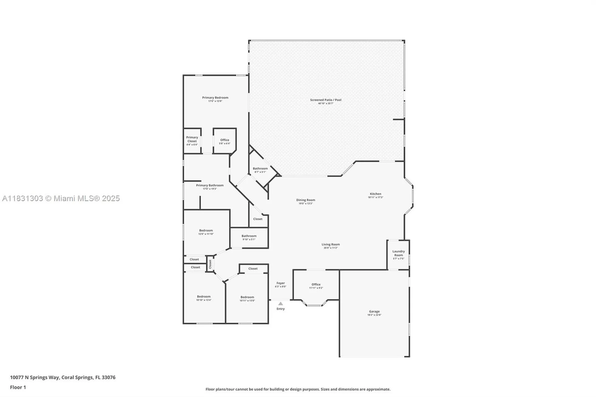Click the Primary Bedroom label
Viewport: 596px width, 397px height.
(x=215, y=98)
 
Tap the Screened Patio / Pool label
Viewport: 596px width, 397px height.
(x=326, y=100)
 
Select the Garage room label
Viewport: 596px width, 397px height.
(x=374, y=311)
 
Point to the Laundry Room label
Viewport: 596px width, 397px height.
(x=398, y=253)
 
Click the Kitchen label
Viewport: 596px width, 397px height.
(x=375, y=194)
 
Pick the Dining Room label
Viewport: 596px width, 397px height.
(x=305, y=200)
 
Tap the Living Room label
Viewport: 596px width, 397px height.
(x=331, y=245)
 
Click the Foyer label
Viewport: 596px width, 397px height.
(x=280, y=283)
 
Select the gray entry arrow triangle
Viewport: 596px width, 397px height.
(x=280, y=304)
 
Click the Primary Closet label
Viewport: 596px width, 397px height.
(x=192, y=139)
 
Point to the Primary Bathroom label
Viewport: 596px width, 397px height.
(x=210, y=185)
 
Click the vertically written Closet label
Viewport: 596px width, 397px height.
(x=210, y=264)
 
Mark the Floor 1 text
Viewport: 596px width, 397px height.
(x=18, y=387)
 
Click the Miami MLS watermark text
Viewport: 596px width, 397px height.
(x=61, y=198)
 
